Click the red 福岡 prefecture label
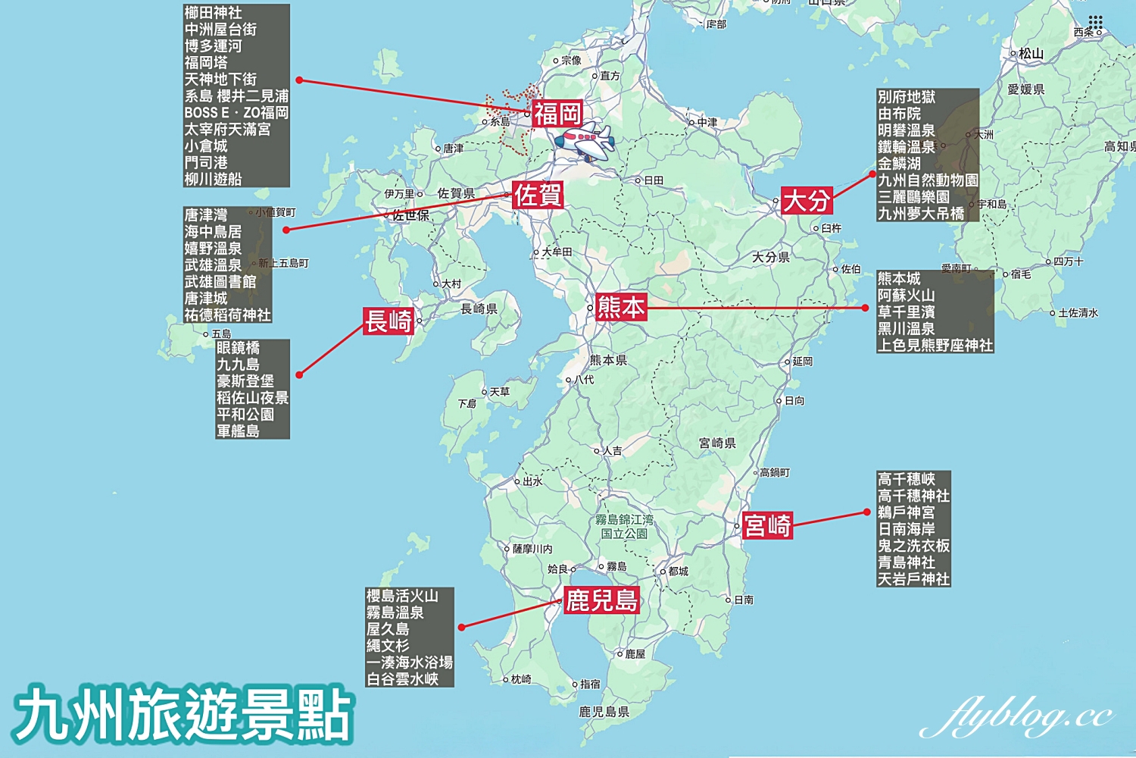coord(557,114)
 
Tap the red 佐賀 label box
coord(538,196)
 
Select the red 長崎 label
coord(389,321)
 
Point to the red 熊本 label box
coord(621,307)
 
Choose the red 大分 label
coord(807,201)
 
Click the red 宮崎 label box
coord(767,525)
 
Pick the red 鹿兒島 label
coord(602,601)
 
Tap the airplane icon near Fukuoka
coord(584,142)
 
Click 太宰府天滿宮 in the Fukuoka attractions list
coord(227,130)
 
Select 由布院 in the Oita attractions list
coord(899,114)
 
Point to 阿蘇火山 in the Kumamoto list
coord(906,296)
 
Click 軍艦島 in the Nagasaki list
coord(238,431)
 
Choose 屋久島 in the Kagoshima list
coord(388,629)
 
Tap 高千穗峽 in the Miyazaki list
coord(906,479)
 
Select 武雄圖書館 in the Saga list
coord(220,282)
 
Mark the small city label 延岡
coord(802,362)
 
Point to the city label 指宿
coord(590,684)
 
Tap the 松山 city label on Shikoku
coord(1031,54)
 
